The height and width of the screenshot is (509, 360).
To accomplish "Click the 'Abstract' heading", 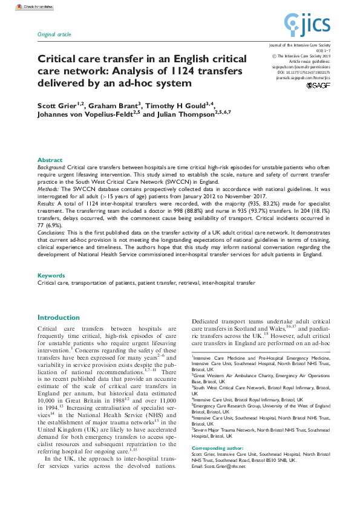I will [x=50, y=160].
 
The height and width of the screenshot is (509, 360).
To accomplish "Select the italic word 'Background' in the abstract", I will [x=51, y=166].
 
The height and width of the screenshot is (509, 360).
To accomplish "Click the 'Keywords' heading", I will [x=51, y=276].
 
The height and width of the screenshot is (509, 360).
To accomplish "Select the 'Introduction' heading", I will [x=59, y=317].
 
